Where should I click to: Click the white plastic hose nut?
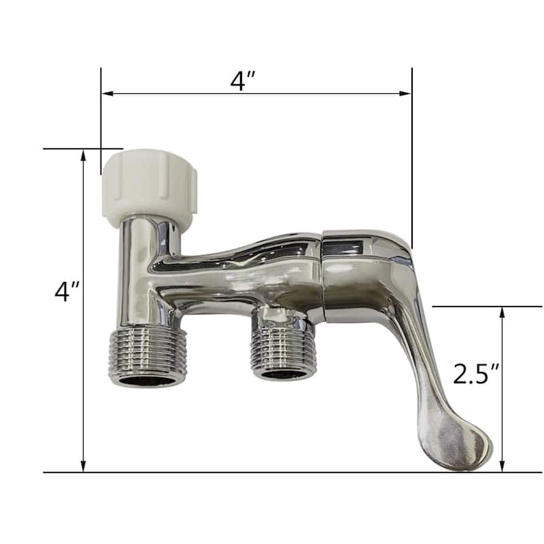pyautogui.click(x=149, y=184)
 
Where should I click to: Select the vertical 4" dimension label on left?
pyautogui.click(x=67, y=292)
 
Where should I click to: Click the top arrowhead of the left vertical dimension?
pyautogui.click(x=84, y=155)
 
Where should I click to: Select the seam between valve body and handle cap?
pyautogui.click(x=323, y=275)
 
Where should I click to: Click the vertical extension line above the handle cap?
pyautogui.click(x=411, y=156)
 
